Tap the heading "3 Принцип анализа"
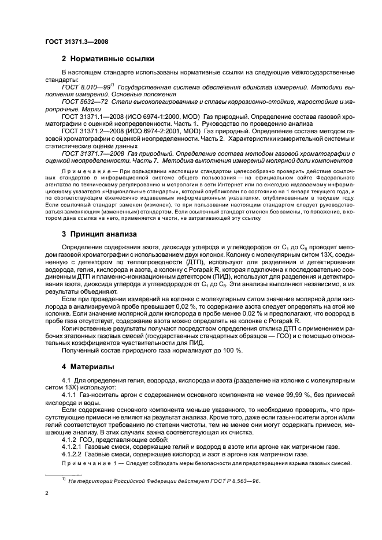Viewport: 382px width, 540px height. pyautogui.click(x=99, y=234)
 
